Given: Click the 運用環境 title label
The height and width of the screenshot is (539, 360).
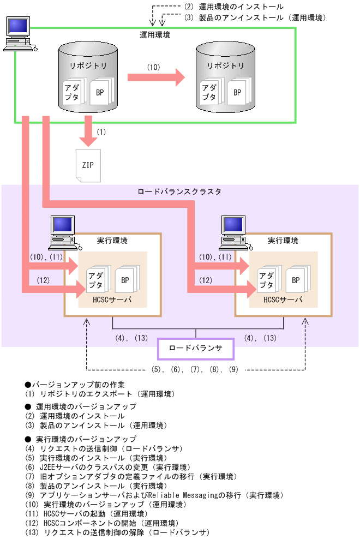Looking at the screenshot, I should click(x=155, y=35).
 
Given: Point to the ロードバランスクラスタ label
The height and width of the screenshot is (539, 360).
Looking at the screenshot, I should click(x=179, y=192).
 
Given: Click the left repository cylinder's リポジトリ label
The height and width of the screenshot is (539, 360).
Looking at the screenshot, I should click(x=88, y=65).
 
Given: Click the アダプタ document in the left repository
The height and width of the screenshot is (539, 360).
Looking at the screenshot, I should click(x=71, y=91).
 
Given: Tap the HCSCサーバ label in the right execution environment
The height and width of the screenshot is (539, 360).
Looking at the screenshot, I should click(x=283, y=300).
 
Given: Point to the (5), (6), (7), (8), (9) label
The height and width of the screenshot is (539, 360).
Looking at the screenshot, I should click(x=195, y=369).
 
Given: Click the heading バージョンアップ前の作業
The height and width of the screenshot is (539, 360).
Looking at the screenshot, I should click(x=79, y=384).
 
